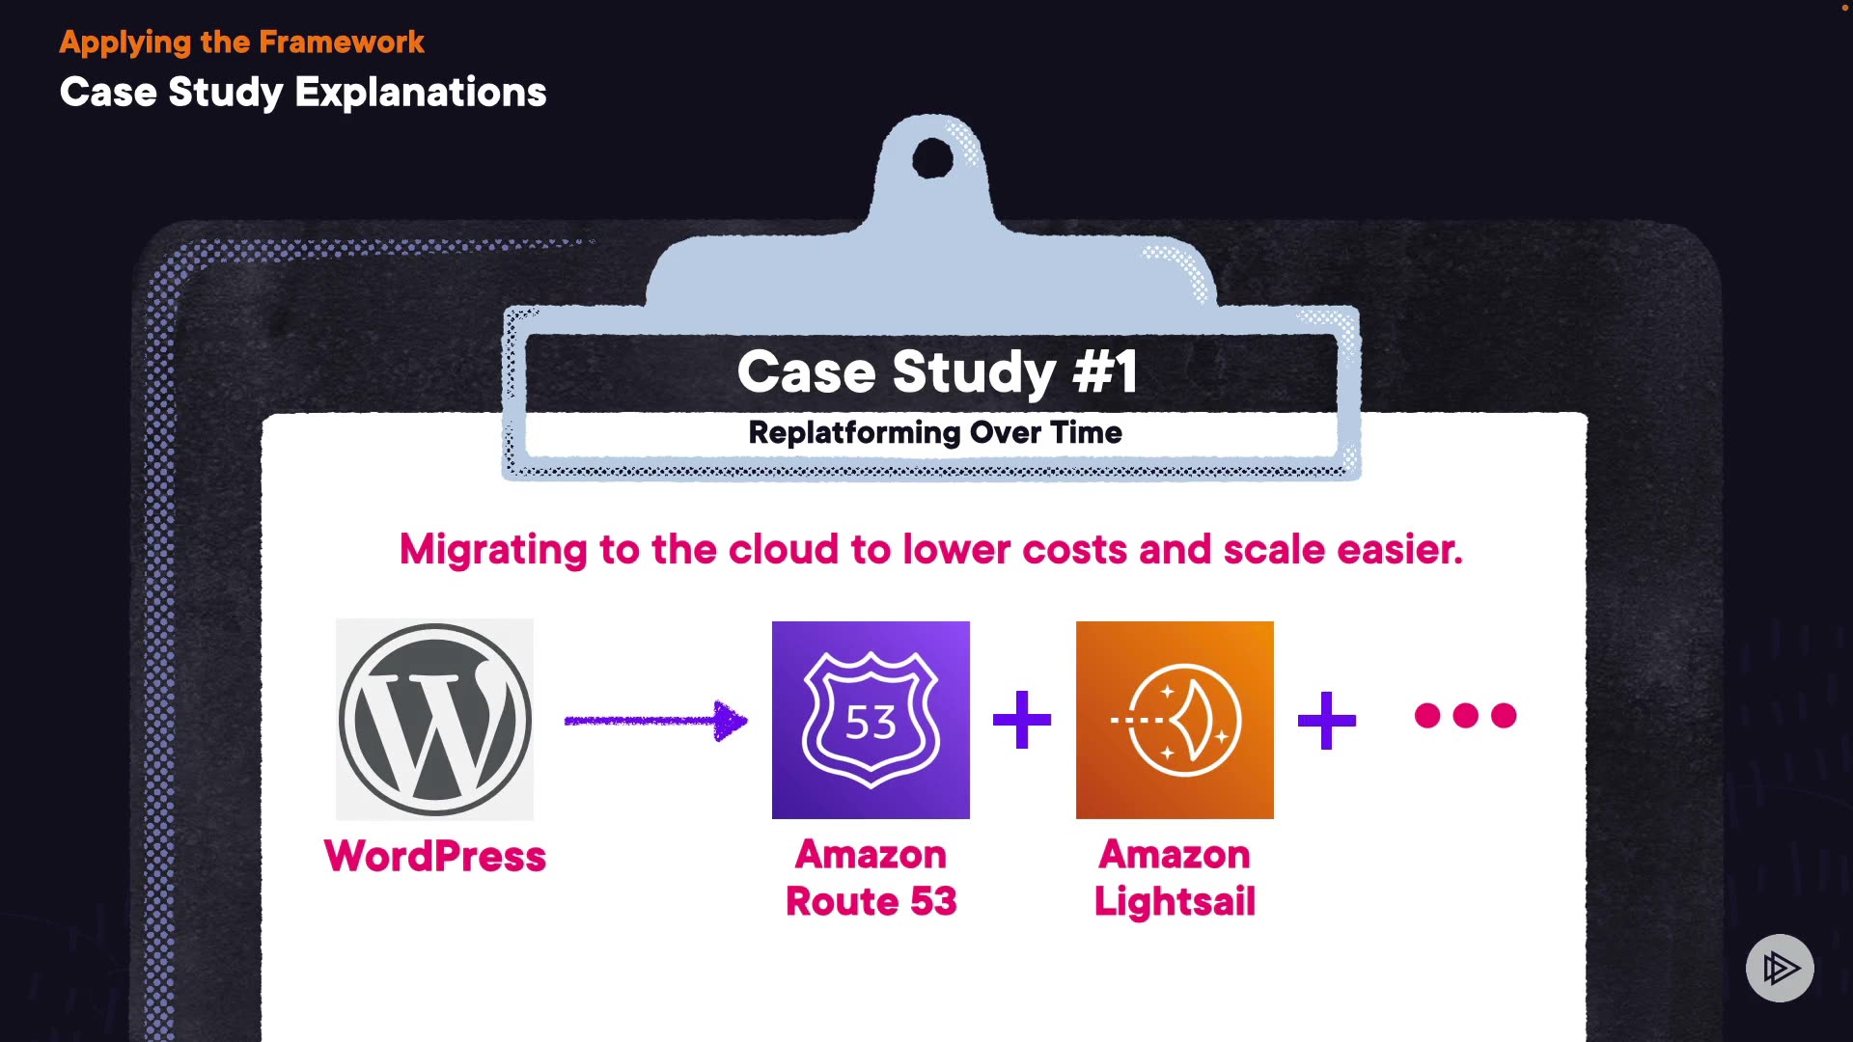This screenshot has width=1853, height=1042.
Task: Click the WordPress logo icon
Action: [434, 720]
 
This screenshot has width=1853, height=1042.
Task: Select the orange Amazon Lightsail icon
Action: [1175, 720]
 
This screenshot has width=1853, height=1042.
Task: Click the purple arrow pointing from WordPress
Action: [656, 720]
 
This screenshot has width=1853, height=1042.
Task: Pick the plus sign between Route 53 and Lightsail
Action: [1022, 720]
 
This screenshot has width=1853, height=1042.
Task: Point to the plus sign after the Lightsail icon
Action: [1327, 720]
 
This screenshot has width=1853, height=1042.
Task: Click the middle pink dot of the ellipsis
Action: [1465, 715]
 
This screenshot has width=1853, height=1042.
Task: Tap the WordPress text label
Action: [434, 857]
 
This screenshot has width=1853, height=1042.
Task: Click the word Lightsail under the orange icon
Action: [1175, 901]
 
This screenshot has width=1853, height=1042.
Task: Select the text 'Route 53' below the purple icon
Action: [871, 901]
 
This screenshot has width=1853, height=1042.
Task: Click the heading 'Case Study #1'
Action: [936, 372]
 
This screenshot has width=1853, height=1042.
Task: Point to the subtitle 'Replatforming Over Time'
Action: [934, 432]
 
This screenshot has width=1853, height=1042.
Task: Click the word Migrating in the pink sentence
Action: [493, 550]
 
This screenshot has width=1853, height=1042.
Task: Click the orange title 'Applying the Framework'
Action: [241, 42]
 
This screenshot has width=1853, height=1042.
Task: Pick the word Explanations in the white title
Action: [421, 93]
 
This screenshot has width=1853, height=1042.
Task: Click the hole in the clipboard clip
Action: [932, 158]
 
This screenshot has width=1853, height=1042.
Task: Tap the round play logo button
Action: [1780, 968]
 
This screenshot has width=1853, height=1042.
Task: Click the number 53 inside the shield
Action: [871, 723]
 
